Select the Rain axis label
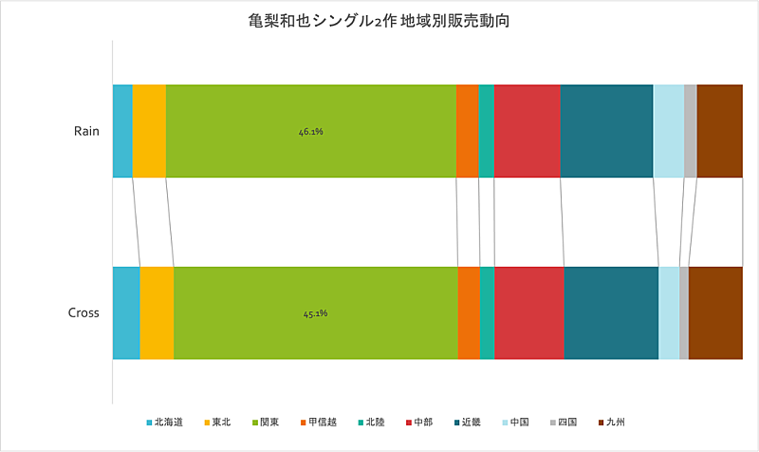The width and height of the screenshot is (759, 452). (86, 131)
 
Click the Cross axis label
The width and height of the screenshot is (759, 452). (83, 313)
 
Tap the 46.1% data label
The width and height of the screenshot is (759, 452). (311, 131)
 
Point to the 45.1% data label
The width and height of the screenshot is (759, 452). (315, 313)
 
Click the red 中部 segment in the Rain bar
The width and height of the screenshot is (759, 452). (527, 131)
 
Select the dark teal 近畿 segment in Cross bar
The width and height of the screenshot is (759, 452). (611, 313)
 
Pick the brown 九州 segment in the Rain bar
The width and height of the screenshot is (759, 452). (719, 131)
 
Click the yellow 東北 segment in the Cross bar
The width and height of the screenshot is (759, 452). (157, 313)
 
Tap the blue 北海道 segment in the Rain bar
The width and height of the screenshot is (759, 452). (122, 131)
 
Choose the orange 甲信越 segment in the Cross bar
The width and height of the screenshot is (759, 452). (469, 313)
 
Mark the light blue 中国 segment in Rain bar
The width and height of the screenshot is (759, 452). (668, 131)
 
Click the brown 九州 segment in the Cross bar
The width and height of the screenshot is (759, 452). (715, 313)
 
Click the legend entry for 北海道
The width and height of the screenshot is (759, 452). (165, 422)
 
